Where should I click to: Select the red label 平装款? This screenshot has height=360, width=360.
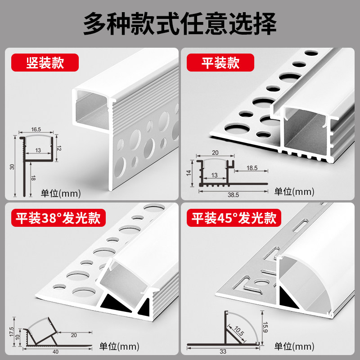(x=220, y=63)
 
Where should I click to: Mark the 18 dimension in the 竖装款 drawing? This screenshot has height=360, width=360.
(x=33, y=178)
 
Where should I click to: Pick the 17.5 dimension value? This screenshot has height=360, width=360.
(x=12, y=332)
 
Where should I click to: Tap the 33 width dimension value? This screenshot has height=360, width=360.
(x=223, y=352)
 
